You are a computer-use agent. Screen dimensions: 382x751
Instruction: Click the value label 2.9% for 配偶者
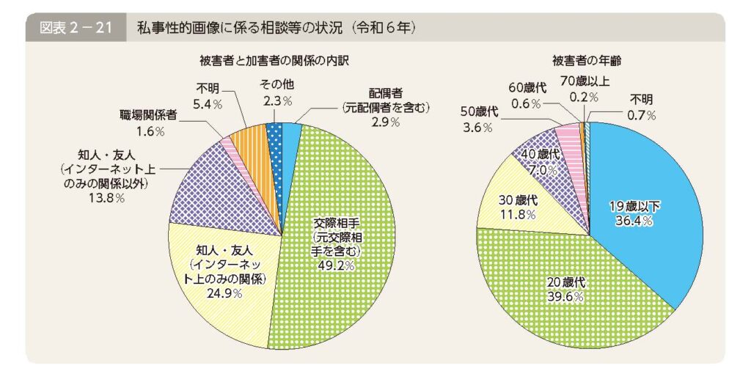(x=385, y=122)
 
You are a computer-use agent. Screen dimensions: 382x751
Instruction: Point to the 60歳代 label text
(x=528, y=89)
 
